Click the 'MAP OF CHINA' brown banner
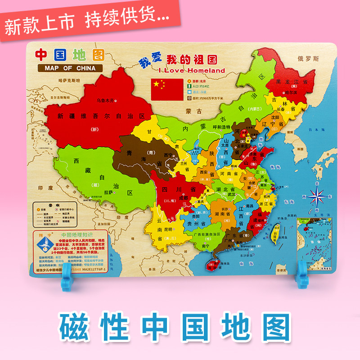click(x=70, y=68)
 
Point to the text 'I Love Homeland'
click(x=192, y=71)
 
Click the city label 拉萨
click(x=108, y=192)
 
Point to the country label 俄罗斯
click(x=308, y=59)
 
